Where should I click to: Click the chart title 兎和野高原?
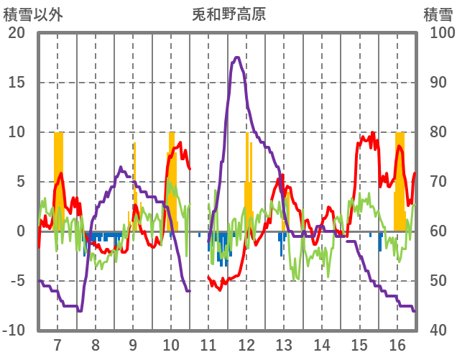[228, 14]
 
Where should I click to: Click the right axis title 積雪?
[437, 14]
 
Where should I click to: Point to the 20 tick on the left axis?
[16, 33]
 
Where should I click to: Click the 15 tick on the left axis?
[16, 83]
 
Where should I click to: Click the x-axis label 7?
[57, 343]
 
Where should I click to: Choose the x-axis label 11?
[209, 343]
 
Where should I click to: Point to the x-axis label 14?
[323, 343]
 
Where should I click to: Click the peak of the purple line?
[236, 57]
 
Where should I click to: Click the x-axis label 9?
[133, 343]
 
